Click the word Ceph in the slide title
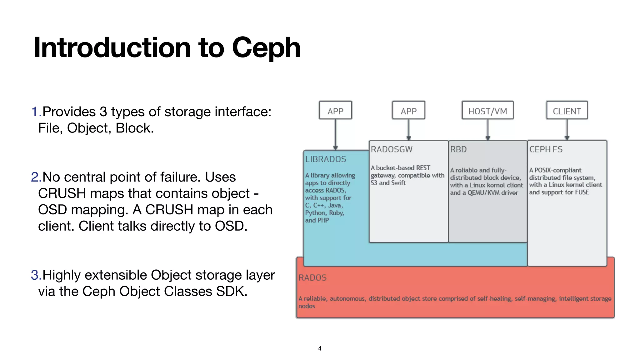(x=266, y=48)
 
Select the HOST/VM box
(x=487, y=111)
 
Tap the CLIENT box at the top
(x=567, y=111)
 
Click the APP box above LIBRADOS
(x=335, y=111)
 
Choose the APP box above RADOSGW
(x=408, y=111)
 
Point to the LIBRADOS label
(x=326, y=159)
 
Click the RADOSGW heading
(x=392, y=149)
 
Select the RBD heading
(x=458, y=149)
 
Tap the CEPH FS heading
(x=546, y=149)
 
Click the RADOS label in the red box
(x=312, y=277)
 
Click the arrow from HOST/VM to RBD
(x=487, y=129)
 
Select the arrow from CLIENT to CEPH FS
(x=567, y=129)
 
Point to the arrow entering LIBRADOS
(x=335, y=134)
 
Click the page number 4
(x=319, y=348)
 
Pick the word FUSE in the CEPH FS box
(x=582, y=192)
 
